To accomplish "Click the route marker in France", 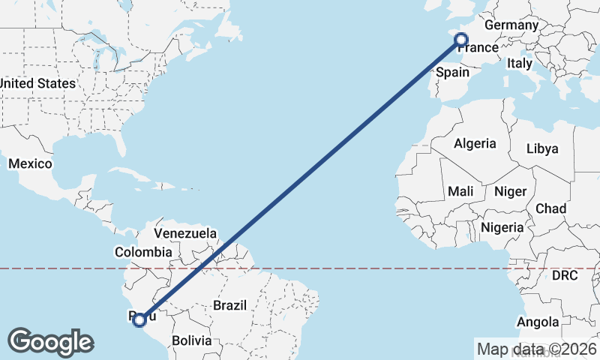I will pyautogui.click(x=461, y=40).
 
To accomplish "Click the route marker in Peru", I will pyautogui.click(x=139, y=320).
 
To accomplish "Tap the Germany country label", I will pyautogui.click(x=511, y=25).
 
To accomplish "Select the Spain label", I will pyautogui.click(x=452, y=72).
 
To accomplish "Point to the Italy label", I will pyautogui.click(x=519, y=64).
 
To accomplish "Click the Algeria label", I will pyautogui.click(x=475, y=143).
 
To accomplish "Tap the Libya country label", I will pyautogui.click(x=542, y=148).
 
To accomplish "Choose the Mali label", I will pyautogui.click(x=460, y=191).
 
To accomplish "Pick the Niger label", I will pyautogui.click(x=510, y=191).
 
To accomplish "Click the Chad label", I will pyautogui.click(x=551, y=208).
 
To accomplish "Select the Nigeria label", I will pyautogui.click(x=502, y=226).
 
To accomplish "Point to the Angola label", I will pyautogui.click(x=538, y=322).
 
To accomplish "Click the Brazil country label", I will pyautogui.click(x=230, y=305).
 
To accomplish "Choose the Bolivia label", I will pyautogui.click(x=191, y=340).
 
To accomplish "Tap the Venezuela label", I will pyautogui.click(x=185, y=233).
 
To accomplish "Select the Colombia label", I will pyautogui.click(x=142, y=252).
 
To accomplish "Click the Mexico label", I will pyautogui.click(x=30, y=163).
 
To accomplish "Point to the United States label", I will pyautogui.click(x=37, y=83).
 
